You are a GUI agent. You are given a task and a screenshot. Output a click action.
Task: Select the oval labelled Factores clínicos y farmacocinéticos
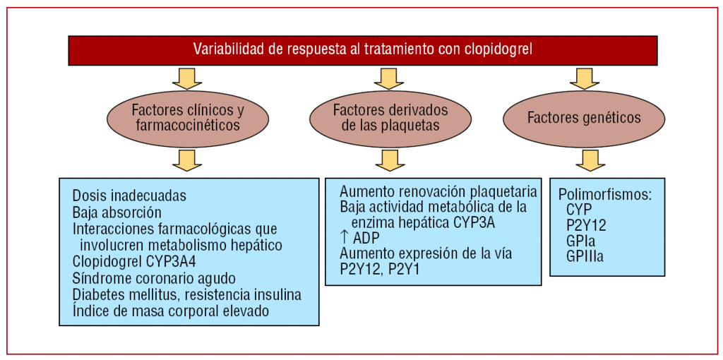pyautogui.click(x=188, y=118)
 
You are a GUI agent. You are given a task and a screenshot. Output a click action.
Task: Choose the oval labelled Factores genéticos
pyautogui.click(x=584, y=118)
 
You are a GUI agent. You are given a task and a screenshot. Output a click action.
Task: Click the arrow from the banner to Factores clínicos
pyautogui.click(x=187, y=78)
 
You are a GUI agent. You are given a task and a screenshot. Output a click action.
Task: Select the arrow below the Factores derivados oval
pyautogui.click(x=390, y=160)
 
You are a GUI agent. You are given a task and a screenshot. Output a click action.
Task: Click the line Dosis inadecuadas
pyautogui.click(x=129, y=196)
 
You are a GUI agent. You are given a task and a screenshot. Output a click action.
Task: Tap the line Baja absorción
pyautogui.click(x=117, y=212)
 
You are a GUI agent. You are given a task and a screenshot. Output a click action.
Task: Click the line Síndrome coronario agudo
pyautogui.click(x=154, y=278)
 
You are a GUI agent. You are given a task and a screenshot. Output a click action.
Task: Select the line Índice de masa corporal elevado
pyautogui.click(x=170, y=311)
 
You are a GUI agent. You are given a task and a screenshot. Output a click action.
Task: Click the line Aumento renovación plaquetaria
pyautogui.click(x=438, y=192)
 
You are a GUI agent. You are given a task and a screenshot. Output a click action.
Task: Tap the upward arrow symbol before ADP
pyautogui.click(x=345, y=238)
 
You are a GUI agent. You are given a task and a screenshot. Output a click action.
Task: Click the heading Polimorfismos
pyautogui.click(x=604, y=195)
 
